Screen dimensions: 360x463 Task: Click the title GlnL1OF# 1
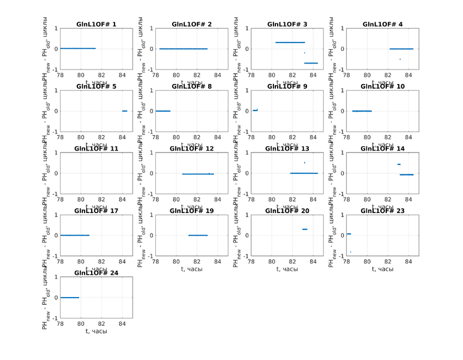pos(96,24)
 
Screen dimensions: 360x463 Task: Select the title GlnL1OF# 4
pos(383,24)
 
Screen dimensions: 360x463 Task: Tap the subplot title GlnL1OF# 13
pos(287,148)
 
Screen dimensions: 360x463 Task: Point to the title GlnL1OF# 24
pos(96,273)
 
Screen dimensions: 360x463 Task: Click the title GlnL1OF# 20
pos(287,211)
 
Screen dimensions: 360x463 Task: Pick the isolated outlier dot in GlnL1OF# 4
pos(400,59)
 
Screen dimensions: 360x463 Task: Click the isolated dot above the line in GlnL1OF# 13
pos(304,163)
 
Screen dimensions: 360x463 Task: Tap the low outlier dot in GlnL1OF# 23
pos(350,252)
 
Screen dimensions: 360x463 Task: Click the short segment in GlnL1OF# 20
pos(305,229)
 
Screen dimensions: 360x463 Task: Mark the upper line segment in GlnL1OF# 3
pos(290,43)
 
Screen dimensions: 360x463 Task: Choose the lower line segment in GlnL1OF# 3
pos(311,63)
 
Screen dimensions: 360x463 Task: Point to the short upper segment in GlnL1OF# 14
pos(399,164)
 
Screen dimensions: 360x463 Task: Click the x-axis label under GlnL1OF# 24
pos(96,331)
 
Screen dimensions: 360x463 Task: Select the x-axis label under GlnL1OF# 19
pos(191,269)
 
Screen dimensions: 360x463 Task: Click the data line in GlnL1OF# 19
pos(198,235)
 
